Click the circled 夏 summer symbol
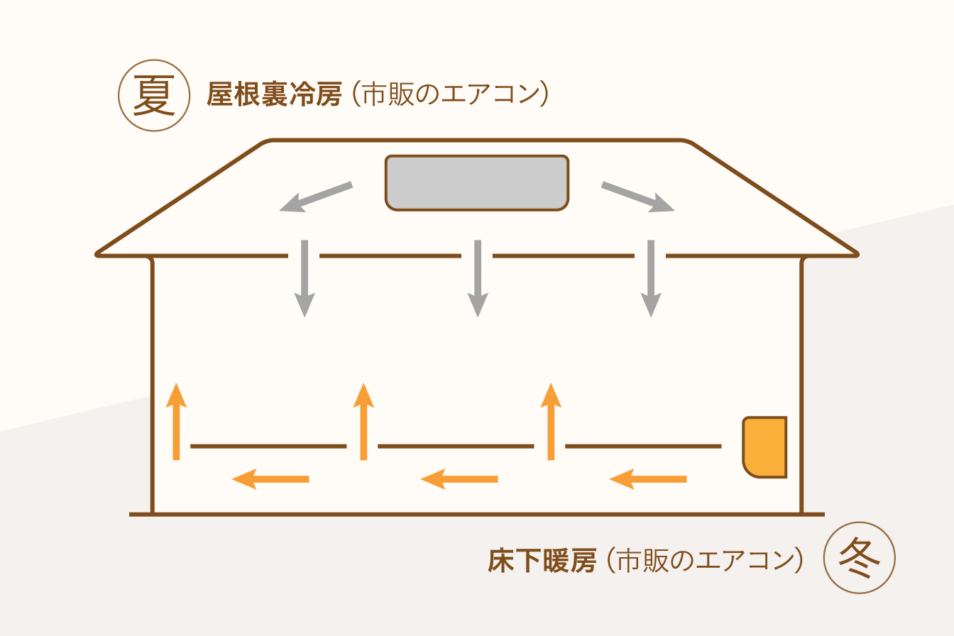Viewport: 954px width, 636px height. coord(154,95)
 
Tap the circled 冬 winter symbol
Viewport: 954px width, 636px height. coord(860,558)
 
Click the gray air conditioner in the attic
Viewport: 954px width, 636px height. coord(477,182)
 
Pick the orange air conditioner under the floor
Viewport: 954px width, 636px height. coord(765,447)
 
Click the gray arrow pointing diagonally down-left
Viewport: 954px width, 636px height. coord(316,197)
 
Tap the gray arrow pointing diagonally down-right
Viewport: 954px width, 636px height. coord(637,197)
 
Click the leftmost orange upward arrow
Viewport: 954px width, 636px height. coord(176,422)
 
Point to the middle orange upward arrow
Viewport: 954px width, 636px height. coord(363,422)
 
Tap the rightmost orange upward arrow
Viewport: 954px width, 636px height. coord(551,422)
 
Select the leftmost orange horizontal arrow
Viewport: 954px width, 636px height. coord(270,479)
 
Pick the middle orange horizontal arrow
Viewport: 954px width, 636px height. coord(459,479)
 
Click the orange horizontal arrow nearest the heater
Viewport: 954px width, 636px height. coord(648,479)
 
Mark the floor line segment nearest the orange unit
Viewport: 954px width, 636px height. coord(643,446)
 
